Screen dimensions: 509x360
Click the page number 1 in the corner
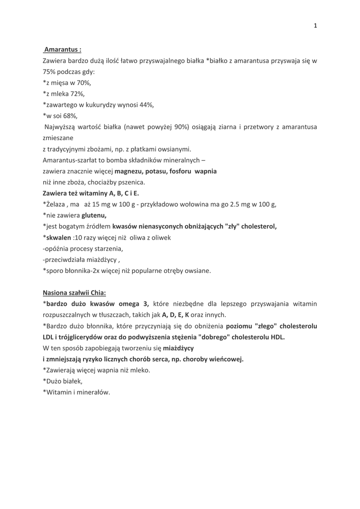pos(315,26)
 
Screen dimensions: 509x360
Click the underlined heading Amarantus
pos(62,50)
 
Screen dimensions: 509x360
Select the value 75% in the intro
pos(50,72)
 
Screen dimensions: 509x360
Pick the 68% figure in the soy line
pos(70,115)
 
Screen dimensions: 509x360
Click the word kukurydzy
pos(99,104)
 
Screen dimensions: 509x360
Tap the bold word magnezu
pos(129,171)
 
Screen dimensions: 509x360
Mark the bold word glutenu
pos(94,215)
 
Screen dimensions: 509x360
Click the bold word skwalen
pos(58,238)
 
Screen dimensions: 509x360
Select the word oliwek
pos(160,238)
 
